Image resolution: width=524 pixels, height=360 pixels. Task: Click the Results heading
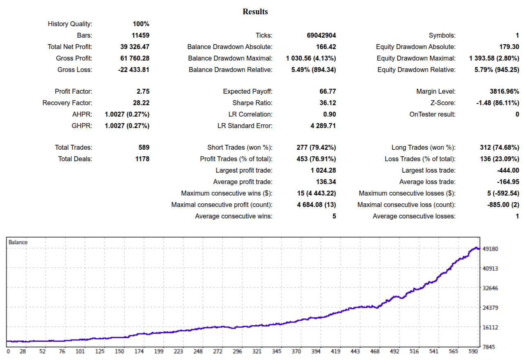click(255, 11)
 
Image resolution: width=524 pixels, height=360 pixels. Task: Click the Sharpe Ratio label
click(252, 103)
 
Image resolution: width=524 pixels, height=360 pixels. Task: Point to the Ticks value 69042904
click(321, 36)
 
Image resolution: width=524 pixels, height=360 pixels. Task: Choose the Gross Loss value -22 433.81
click(134, 70)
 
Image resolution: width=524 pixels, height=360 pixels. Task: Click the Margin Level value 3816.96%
click(501, 92)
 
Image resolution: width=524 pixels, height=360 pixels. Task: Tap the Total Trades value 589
click(144, 148)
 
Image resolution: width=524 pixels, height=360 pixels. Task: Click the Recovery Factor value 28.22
click(140, 103)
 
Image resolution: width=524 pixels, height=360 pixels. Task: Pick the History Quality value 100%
click(141, 24)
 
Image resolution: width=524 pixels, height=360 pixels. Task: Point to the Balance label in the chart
click(18, 242)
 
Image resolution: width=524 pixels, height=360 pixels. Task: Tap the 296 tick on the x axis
click(237, 351)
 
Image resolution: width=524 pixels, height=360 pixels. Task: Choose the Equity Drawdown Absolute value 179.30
click(508, 47)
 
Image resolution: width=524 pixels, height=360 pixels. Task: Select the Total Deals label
click(75, 159)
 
